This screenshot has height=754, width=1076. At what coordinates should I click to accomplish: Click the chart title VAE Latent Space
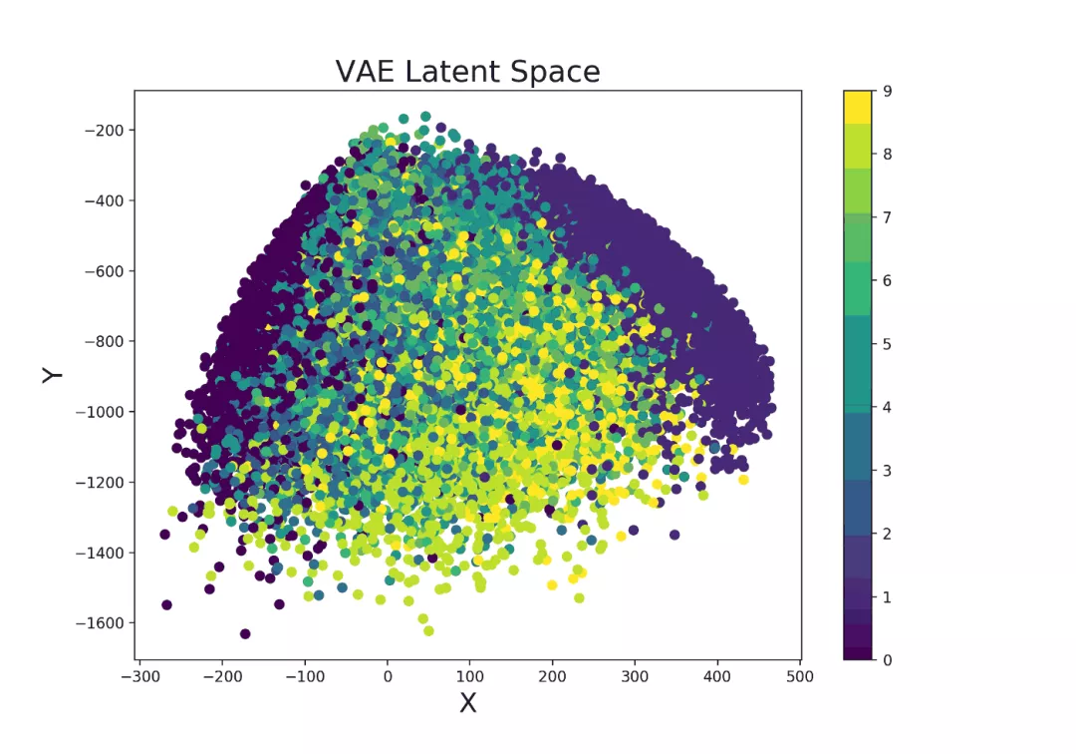467,72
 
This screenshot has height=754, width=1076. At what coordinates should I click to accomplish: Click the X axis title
467,703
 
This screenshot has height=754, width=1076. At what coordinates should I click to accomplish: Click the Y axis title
53,374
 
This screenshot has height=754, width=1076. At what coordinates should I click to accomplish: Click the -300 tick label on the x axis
138,677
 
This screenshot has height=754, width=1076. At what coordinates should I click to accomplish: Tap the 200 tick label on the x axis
553,677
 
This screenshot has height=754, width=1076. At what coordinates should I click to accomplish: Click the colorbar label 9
886,91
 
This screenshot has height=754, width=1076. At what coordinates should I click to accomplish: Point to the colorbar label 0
886,660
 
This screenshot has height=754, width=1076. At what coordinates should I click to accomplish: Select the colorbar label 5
886,344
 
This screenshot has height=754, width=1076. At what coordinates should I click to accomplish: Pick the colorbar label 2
886,534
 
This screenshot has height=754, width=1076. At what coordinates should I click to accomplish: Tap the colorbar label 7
886,217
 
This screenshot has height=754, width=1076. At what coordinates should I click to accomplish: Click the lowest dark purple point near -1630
245,633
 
